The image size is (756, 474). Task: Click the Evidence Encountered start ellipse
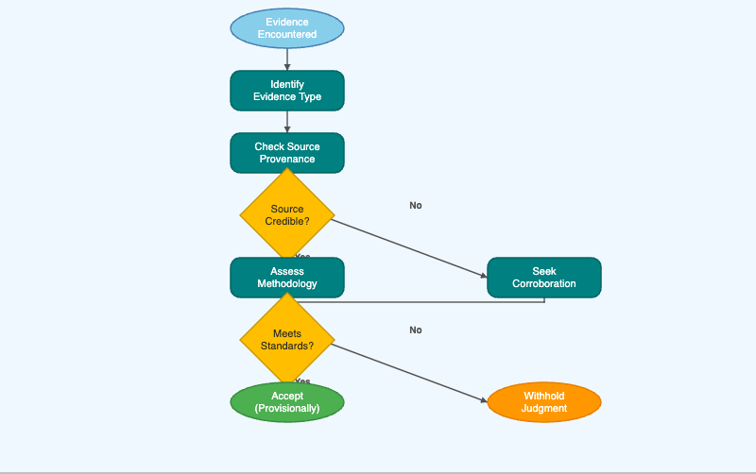287,28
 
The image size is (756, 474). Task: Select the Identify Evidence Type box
287,91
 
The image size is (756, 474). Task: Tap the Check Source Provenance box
287,153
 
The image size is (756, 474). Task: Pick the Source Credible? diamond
287,215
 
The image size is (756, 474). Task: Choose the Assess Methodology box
287,278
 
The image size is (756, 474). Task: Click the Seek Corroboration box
544,278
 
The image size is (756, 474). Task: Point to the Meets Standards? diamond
287,340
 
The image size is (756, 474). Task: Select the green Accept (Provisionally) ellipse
287,402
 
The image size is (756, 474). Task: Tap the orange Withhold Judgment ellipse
544,402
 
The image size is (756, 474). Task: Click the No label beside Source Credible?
416,205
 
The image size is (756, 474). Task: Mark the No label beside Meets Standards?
416,330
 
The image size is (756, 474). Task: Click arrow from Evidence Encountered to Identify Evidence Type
287,59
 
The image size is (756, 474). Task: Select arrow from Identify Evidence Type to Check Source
287,121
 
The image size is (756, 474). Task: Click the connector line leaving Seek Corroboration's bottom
425,302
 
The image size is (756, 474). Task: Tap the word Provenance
287,160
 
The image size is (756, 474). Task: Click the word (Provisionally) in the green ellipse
287,409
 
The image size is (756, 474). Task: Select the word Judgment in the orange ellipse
544,409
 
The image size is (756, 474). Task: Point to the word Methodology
287,284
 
